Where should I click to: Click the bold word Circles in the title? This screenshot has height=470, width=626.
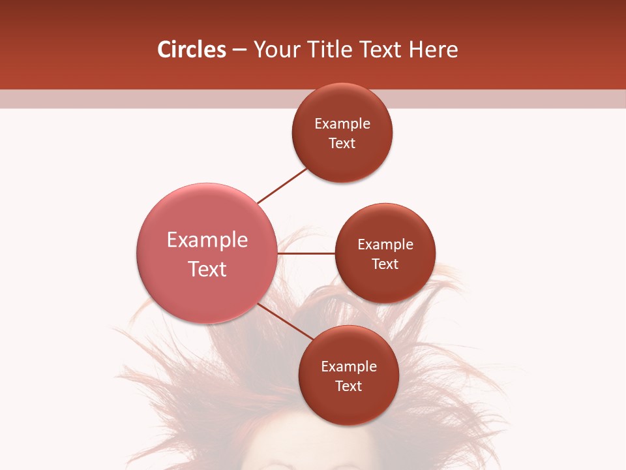pos(191,50)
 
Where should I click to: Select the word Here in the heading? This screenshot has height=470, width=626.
pos(434,50)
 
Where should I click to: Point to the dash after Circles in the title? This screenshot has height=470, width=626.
pos(239,50)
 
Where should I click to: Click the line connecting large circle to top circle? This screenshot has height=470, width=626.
pos(282,185)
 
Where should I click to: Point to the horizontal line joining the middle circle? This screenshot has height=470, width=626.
pos(306,253)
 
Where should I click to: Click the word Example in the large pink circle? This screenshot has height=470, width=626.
pos(207,240)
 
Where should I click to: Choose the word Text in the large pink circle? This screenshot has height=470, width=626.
pos(207,269)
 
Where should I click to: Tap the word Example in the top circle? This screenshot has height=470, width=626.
pos(342,123)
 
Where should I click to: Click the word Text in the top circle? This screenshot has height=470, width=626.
pos(342,143)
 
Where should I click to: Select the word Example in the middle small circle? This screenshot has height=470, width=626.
pos(385,244)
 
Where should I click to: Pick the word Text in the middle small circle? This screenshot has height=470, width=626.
pos(385,264)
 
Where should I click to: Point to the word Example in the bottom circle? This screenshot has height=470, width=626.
pos(349,366)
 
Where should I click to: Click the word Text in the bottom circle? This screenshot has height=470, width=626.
pos(349,386)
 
